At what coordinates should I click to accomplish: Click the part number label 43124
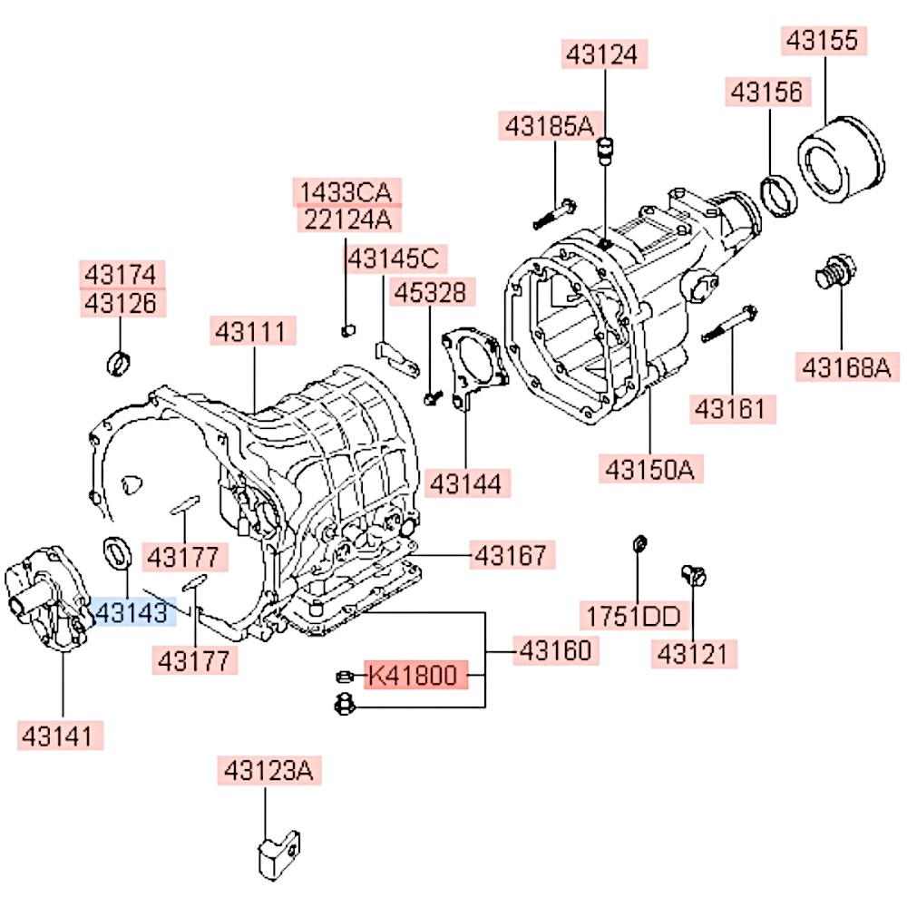click(x=603, y=54)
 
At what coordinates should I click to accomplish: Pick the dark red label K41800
click(x=417, y=676)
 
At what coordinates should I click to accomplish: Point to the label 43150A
click(x=649, y=469)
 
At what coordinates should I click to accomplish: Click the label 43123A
click(x=268, y=772)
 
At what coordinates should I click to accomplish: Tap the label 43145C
click(x=394, y=259)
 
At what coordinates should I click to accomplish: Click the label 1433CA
click(x=346, y=192)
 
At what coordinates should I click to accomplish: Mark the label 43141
click(x=62, y=735)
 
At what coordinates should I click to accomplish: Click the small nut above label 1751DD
click(x=638, y=543)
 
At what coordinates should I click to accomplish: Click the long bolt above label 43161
click(x=729, y=325)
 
